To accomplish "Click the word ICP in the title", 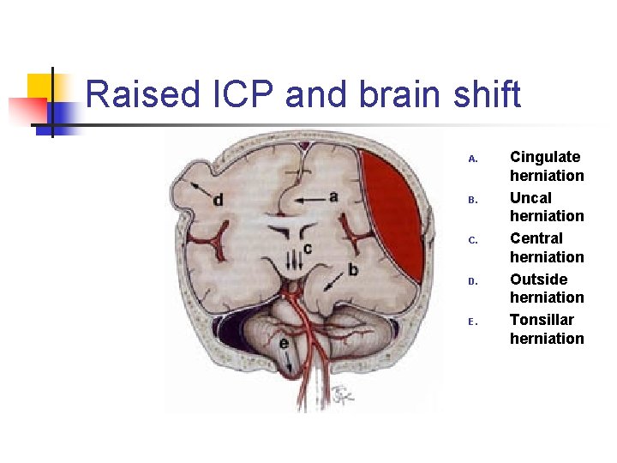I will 238,94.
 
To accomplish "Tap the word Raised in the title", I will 140,94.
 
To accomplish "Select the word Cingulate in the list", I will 545,157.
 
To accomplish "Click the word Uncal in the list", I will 530,197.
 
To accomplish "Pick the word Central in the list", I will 536,238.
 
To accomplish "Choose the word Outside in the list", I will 538,279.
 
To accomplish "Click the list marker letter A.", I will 471,159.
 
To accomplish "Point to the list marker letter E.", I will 471,322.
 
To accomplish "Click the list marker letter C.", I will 471,240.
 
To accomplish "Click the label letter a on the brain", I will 333,196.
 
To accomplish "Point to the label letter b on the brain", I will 353,270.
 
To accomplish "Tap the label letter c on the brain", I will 306,249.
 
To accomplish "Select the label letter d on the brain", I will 219,200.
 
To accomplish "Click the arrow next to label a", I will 308,199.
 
